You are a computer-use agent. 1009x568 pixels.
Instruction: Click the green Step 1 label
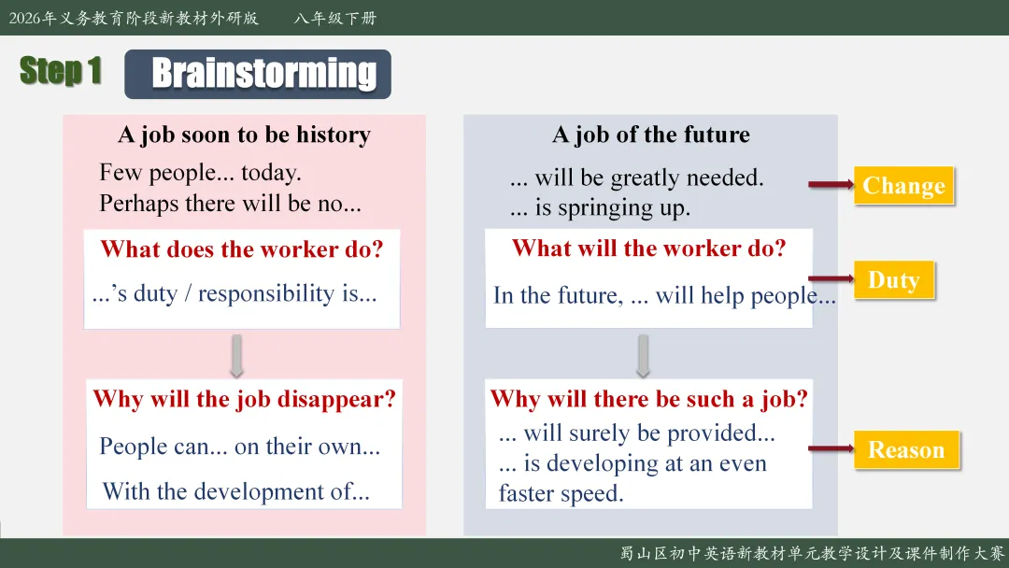pyautogui.click(x=61, y=70)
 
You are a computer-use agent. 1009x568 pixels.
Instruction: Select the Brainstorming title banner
pyautogui.click(x=258, y=74)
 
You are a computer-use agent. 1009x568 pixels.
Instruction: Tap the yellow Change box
pyautogui.click(x=903, y=185)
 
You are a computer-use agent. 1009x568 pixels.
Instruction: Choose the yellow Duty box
pyautogui.click(x=894, y=280)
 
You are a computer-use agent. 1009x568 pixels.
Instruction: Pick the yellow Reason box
pyautogui.click(x=906, y=449)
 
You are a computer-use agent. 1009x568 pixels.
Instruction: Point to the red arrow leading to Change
pyautogui.click(x=831, y=185)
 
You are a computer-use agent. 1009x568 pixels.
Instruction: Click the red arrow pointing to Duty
pyautogui.click(x=831, y=278)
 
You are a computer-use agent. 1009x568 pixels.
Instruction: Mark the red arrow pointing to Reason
pyautogui.click(x=831, y=448)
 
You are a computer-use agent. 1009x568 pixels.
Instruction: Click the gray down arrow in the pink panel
pyautogui.click(x=236, y=356)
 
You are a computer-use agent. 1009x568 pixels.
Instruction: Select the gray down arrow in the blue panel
pyautogui.click(x=643, y=356)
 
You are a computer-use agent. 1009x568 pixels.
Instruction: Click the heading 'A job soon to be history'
pyautogui.click(x=245, y=135)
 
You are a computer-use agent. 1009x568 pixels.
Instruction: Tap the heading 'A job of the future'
pyautogui.click(x=650, y=135)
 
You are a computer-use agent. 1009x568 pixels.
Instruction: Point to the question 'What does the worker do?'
pyautogui.click(x=242, y=248)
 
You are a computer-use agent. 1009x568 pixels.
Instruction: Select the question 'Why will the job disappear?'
pyautogui.click(x=245, y=400)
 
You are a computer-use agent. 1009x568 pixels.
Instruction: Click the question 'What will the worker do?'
pyautogui.click(x=649, y=248)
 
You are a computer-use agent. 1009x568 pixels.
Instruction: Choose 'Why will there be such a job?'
pyautogui.click(x=648, y=400)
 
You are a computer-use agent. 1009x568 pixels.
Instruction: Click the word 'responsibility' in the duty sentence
pyautogui.click(x=266, y=294)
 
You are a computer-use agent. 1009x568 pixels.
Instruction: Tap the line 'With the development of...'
pyautogui.click(x=236, y=491)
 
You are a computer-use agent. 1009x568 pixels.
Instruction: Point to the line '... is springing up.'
pyautogui.click(x=600, y=208)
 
